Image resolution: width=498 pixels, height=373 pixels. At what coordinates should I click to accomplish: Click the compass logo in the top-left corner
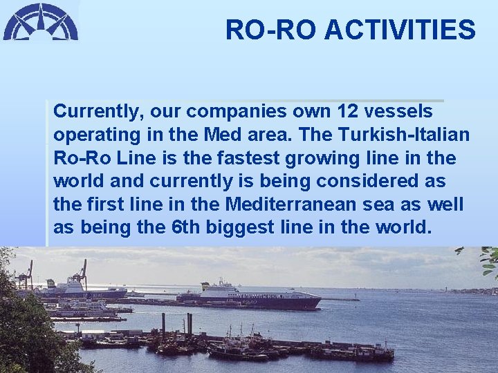click(x=40, y=21)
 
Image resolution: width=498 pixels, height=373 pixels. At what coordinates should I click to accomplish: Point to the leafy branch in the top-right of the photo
click(x=488, y=261)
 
